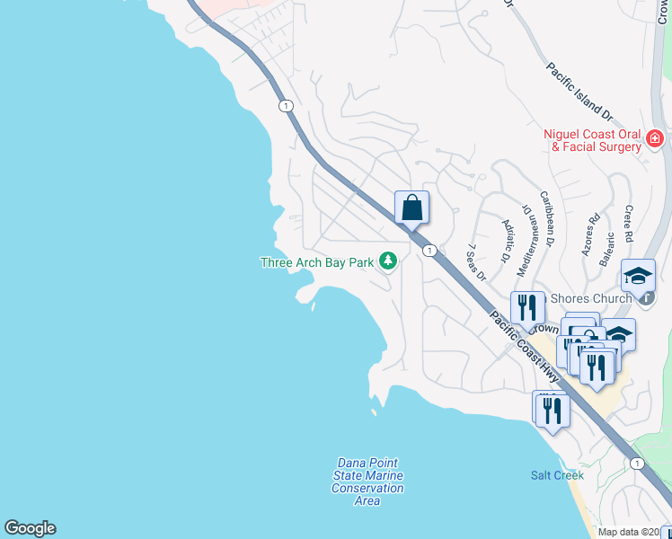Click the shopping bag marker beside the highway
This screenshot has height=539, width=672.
click(411, 208)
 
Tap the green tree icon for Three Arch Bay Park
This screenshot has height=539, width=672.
click(388, 261)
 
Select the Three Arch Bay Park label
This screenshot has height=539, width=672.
click(315, 262)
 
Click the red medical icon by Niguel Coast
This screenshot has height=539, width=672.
click(654, 139)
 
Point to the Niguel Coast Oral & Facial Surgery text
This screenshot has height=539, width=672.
click(592, 139)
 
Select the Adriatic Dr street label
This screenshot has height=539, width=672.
click(507, 240)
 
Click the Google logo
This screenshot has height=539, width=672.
click(30, 528)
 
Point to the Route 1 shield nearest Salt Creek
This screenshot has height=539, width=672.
click(637, 463)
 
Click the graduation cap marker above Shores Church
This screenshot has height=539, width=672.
click(638, 276)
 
